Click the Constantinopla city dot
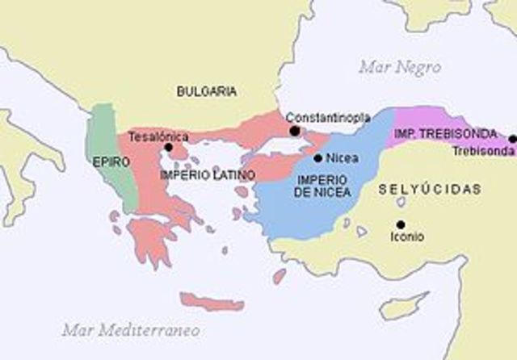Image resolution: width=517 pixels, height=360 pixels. tap(295, 131)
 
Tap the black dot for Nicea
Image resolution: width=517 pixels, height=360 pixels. tap(318, 158)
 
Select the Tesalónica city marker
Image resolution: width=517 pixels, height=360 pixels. tap(169, 148)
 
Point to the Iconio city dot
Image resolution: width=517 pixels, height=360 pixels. tap(401, 224)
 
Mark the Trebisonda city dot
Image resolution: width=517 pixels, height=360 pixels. tap(512, 139)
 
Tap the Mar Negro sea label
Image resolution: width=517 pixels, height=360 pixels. tap(400, 65)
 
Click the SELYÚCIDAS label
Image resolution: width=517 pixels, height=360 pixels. tap(430, 189)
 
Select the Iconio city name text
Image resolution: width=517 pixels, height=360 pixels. tap(406, 237)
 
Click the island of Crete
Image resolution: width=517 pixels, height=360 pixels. tap(212, 303)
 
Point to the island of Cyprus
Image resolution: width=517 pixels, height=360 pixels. tap(404, 306)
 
